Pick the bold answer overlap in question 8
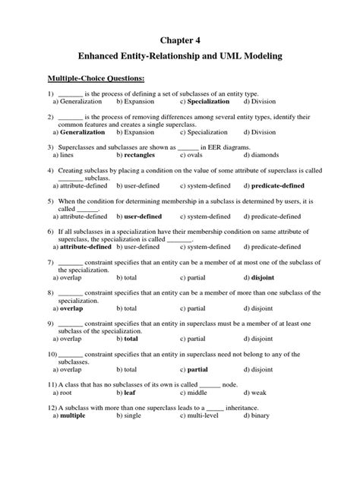[71, 309]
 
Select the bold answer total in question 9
[131, 339]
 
